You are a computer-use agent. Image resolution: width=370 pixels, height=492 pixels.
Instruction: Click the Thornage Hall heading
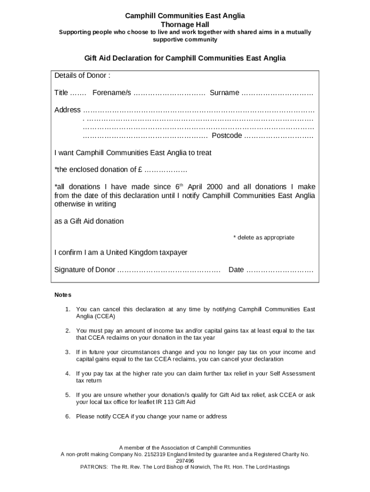click(x=185, y=24)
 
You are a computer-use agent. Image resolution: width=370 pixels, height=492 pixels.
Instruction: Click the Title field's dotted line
click(x=78, y=93)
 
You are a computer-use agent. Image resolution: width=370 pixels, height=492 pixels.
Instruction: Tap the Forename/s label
click(x=111, y=93)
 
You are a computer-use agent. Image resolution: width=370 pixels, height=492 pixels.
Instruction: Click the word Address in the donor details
click(x=67, y=110)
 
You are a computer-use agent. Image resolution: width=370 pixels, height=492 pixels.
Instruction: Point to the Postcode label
click(x=227, y=136)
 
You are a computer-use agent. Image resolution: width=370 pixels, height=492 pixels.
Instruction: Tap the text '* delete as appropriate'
click(x=263, y=237)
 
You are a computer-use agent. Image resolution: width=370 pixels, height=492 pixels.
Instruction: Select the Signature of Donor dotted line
click(x=169, y=270)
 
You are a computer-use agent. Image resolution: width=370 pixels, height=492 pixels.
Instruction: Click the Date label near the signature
click(x=236, y=270)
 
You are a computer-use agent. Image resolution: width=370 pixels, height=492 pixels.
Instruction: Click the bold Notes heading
click(x=62, y=295)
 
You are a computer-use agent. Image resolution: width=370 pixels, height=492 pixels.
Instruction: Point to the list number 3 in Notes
click(x=68, y=352)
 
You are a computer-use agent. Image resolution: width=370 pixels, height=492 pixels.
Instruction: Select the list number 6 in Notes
click(x=68, y=417)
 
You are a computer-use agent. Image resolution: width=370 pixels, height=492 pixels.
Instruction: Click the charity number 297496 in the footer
click(x=185, y=460)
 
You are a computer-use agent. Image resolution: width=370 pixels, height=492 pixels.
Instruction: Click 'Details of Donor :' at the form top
click(x=82, y=75)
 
